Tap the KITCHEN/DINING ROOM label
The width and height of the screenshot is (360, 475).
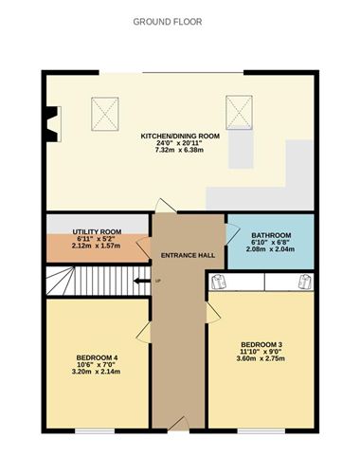pyautogui.click(x=180, y=137)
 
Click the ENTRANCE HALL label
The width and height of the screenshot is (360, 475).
pyautogui.click(x=188, y=255)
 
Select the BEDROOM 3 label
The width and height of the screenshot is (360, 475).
pyautogui.click(x=261, y=343)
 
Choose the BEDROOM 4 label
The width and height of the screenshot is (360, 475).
pyautogui.click(x=97, y=357)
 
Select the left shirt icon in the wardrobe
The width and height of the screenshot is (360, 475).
pyautogui.click(x=219, y=282)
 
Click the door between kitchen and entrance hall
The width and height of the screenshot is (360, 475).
pyautogui.click(x=165, y=206)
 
